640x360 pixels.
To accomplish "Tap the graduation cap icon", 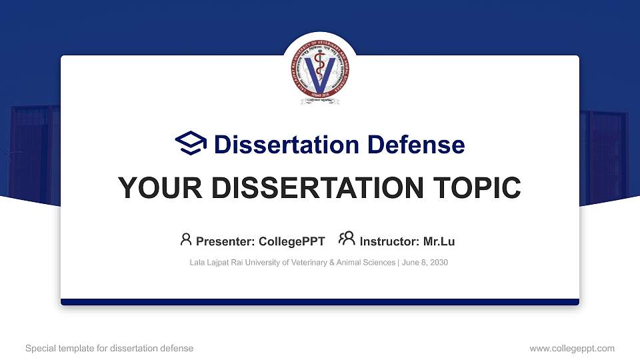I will point(191,144).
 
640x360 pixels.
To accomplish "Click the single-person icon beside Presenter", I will point(186,239).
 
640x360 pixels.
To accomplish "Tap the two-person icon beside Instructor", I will point(347,239).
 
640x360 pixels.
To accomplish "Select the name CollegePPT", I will point(293,241).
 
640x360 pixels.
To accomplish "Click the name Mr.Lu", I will point(439,241).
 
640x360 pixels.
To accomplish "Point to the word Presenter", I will point(222,241).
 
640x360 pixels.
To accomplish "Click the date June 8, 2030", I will point(425,263).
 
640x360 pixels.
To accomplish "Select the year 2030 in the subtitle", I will point(439,263).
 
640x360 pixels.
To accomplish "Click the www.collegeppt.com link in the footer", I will point(571,348).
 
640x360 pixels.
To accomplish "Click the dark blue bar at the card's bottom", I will point(320,302).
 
